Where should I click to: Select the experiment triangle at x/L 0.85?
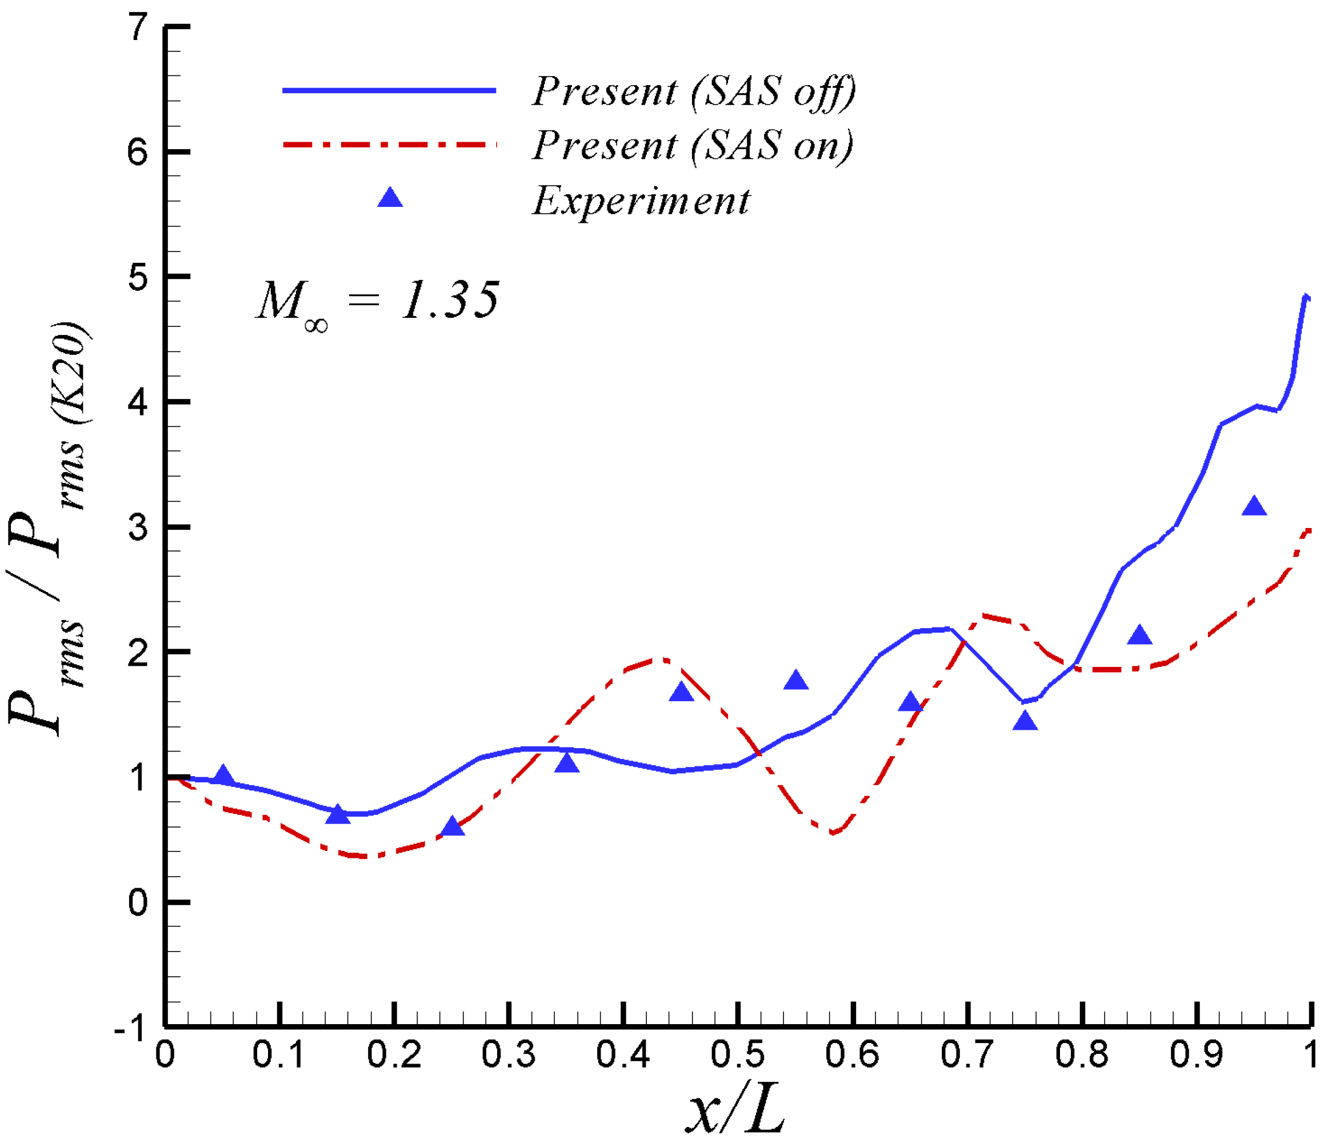coord(1139,636)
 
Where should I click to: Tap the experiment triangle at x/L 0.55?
coord(796,681)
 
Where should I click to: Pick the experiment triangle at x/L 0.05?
coord(223,775)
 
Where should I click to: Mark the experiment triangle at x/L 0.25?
coord(453,827)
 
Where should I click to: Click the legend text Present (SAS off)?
coord(694,91)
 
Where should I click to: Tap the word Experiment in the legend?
coord(641,201)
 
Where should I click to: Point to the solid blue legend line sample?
coord(389,90)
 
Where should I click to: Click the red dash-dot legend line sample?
coord(389,145)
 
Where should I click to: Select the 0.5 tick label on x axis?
coord(738,1055)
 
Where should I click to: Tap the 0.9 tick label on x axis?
coord(1197,1055)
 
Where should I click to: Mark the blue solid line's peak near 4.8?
coord(1306,296)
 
